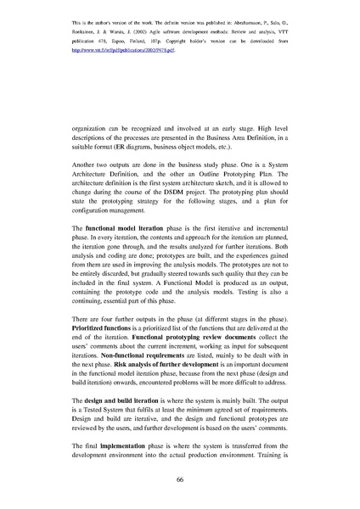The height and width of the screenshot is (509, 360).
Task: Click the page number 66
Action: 180,480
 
